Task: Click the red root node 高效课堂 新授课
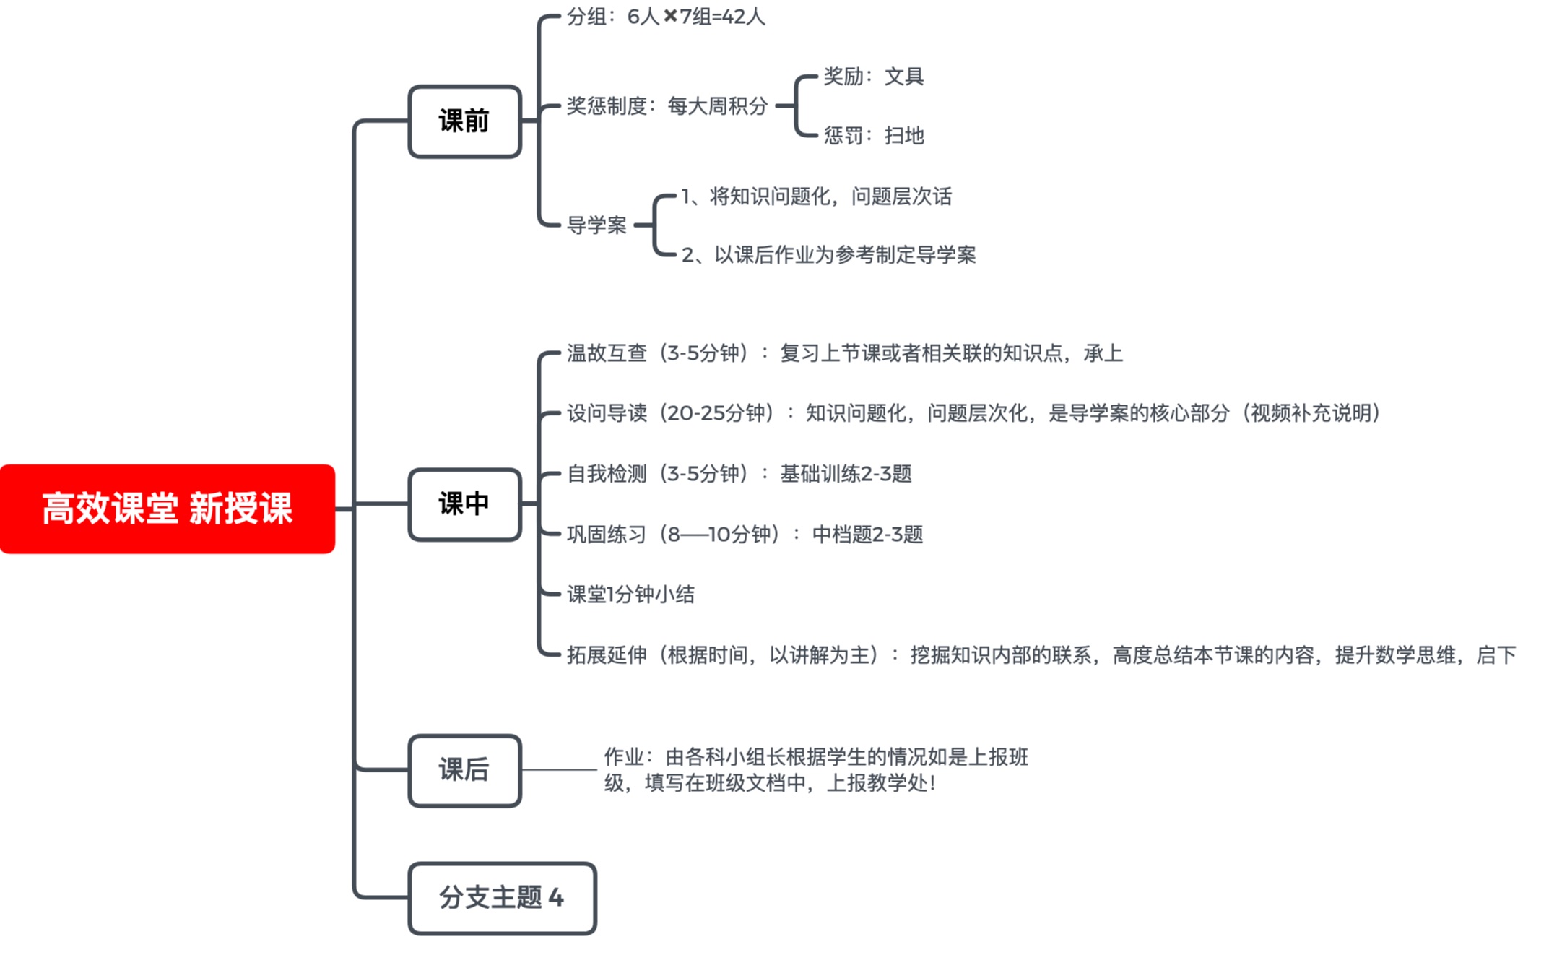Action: [167, 509]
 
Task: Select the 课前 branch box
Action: [464, 121]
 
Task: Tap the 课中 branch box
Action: [464, 504]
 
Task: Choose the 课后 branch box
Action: [464, 770]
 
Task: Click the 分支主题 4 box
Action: [502, 898]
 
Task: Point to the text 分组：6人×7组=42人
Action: [665, 17]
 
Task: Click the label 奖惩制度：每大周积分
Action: [667, 106]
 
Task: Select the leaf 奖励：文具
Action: [873, 76]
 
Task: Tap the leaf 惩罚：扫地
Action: [873, 136]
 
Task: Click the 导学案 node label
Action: [596, 225]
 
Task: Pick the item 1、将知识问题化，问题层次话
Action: [816, 196]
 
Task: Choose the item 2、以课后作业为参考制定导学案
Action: [828, 255]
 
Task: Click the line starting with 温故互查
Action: [844, 353]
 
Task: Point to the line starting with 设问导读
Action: [973, 413]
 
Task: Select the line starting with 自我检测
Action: [739, 474]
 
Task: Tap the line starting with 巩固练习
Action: [745, 535]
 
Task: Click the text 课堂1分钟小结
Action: [630, 595]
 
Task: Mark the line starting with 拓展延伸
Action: [1041, 655]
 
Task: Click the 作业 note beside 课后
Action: [815, 770]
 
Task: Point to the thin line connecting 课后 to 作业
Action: [560, 770]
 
